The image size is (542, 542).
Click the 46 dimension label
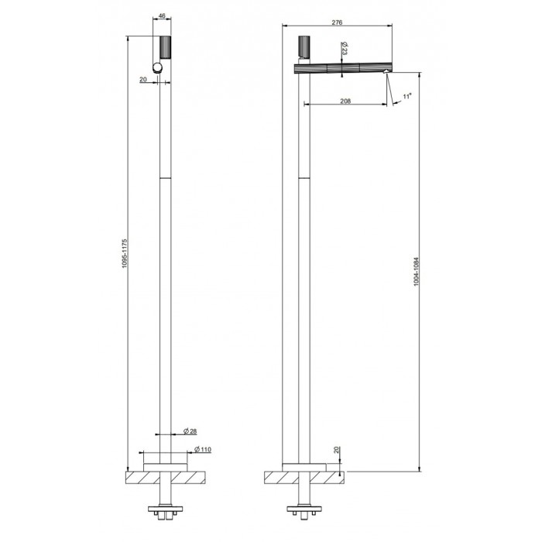(x=162, y=15)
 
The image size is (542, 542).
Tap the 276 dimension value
(x=337, y=22)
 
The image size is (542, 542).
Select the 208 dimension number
(x=345, y=101)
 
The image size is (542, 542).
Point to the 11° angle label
(x=407, y=96)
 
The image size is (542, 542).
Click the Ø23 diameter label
(x=345, y=49)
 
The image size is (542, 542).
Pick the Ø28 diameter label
(x=190, y=431)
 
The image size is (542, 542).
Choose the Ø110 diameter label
(x=203, y=449)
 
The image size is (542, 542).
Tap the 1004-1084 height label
(x=417, y=271)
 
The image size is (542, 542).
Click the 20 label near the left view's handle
(x=143, y=80)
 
